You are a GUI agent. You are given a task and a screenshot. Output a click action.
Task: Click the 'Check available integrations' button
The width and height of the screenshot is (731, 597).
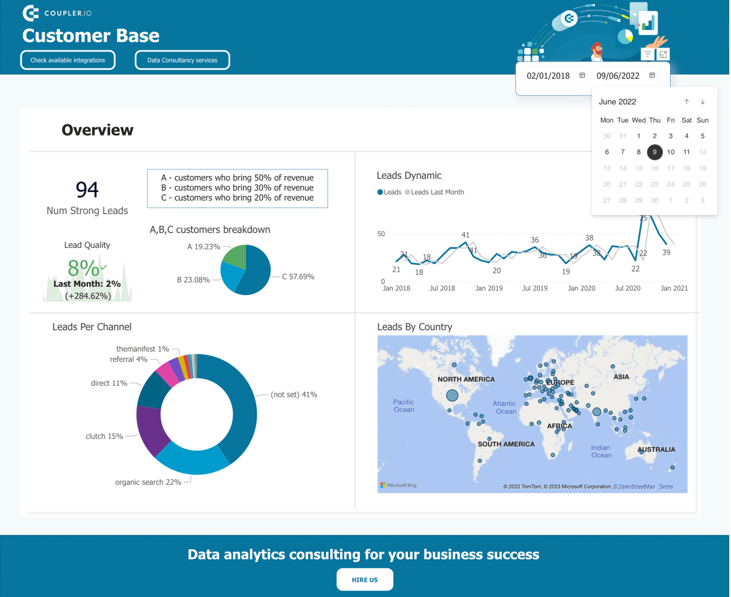(x=68, y=60)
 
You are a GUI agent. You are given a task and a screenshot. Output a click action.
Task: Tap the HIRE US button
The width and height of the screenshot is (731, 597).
(x=365, y=579)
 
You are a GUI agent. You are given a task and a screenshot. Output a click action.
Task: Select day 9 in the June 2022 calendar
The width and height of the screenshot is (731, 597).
(x=654, y=152)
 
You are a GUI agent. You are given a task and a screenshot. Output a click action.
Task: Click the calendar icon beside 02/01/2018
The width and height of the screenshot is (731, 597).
(x=582, y=76)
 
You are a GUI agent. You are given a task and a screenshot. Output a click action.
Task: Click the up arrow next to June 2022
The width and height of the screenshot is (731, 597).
(x=687, y=102)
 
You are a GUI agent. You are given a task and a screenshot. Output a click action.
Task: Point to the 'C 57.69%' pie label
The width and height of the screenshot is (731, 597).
(x=298, y=277)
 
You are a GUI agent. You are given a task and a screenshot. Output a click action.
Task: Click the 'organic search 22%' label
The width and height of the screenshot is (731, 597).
(x=148, y=482)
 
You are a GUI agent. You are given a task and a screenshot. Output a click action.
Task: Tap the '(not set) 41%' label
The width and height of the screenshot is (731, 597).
(x=294, y=395)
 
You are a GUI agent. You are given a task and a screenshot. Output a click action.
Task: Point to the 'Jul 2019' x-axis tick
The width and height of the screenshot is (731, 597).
(x=534, y=288)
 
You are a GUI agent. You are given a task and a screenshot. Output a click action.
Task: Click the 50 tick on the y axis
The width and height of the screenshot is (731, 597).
(x=381, y=234)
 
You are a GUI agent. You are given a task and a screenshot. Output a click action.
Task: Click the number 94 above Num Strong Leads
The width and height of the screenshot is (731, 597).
(x=87, y=190)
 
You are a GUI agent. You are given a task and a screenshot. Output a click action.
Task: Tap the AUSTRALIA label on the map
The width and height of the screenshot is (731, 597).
(x=656, y=450)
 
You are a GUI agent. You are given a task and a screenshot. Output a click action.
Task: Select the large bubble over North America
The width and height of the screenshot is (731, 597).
(x=452, y=395)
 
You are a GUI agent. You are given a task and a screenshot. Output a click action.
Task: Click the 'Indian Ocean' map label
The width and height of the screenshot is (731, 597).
(x=601, y=451)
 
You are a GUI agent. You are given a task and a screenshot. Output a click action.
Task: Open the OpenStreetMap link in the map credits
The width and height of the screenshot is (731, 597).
(x=634, y=487)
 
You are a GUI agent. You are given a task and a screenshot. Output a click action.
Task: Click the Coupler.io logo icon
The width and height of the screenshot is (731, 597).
(x=30, y=13)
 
